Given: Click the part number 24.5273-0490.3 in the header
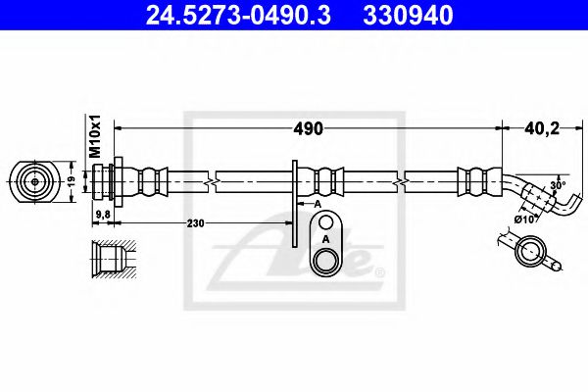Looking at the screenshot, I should tap(220, 17).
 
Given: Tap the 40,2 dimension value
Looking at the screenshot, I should tap(537, 127).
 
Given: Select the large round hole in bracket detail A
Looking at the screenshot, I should tap(322, 260).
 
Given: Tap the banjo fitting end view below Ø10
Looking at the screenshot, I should tap(530, 255).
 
